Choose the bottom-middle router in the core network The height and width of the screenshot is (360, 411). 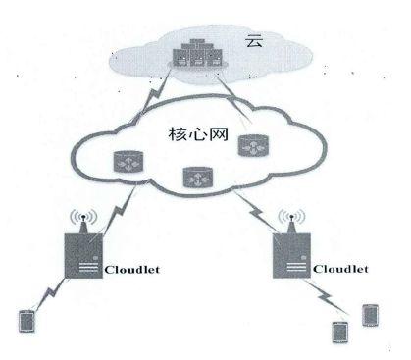click(x=193, y=178)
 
